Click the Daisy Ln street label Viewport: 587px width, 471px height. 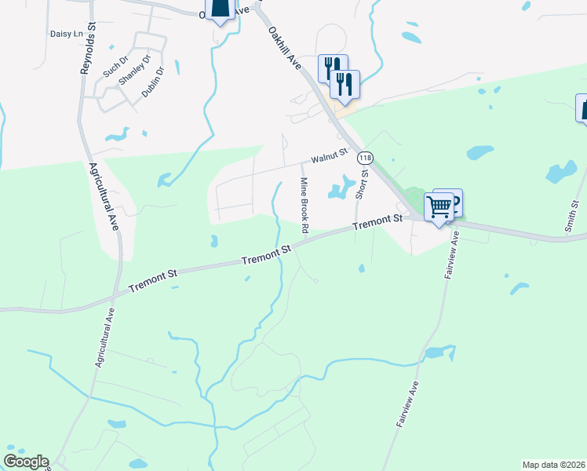pyautogui.click(x=66, y=34)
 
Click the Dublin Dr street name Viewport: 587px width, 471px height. pyautogui.click(x=153, y=82)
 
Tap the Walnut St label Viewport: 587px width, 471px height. pyautogui.click(x=329, y=159)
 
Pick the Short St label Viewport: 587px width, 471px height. pyautogui.click(x=362, y=185)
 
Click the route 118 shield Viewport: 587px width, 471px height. pyautogui.click(x=364, y=158)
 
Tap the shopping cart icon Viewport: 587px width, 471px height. pyautogui.click(x=439, y=207)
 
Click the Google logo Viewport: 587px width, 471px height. pyautogui.click(x=26, y=462)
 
